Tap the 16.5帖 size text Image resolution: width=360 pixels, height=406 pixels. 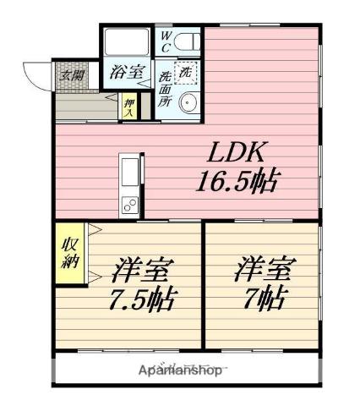coord(238,180)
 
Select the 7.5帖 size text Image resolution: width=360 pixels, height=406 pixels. coord(145,300)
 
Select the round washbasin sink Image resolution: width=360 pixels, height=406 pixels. coord(187,102)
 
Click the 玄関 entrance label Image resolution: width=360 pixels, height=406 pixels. coord(71,74)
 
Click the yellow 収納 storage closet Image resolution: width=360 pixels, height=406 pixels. coord(68,252)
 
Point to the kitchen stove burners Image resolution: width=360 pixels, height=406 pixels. coord(132,204)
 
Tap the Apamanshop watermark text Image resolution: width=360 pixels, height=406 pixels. coord(180,371)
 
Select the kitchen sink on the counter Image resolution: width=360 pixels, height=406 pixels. coord(132,173)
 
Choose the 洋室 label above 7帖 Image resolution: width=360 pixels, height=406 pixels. coord(264,271)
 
